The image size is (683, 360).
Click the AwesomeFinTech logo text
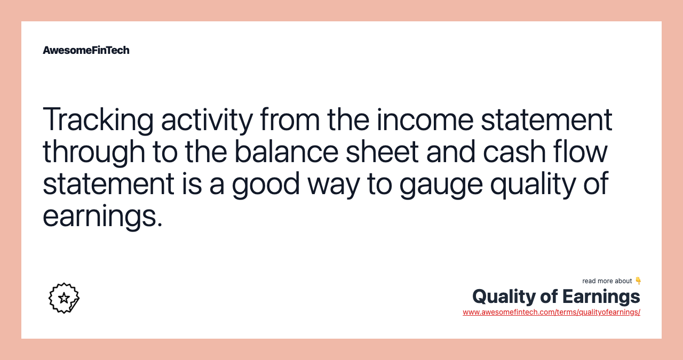click(86, 50)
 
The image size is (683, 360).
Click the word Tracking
click(98, 120)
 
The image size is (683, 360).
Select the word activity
click(207, 120)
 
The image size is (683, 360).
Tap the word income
click(425, 119)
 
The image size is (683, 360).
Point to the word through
click(94, 153)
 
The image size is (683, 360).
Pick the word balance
click(287, 151)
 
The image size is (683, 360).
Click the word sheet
click(382, 151)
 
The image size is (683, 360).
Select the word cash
click(514, 151)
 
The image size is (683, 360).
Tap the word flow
click(580, 151)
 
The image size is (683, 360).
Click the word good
click(266, 185)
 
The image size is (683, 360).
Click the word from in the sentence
click(290, 119)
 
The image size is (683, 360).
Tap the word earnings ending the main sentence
click(102, 217)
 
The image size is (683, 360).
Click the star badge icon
click(64, 298)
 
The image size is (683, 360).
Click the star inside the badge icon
click(63, 298)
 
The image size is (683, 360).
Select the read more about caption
click(607, 281)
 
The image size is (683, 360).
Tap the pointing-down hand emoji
click(638, 281)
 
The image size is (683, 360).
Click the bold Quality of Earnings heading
click(556, 297)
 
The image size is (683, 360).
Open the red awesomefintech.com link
click(551, 312)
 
